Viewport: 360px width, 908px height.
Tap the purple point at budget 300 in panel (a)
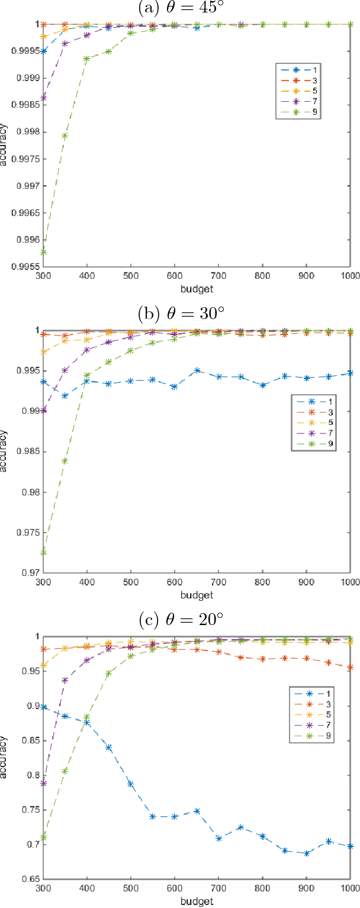[44, 98]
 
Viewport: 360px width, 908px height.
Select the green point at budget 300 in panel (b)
[44, 553]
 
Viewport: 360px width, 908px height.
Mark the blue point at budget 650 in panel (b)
[197, 371]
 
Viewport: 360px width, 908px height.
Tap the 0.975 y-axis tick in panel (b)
[30, 533]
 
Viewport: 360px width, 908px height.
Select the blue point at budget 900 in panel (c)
[307, 854]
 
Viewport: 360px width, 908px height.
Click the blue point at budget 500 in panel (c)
[131, 784]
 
